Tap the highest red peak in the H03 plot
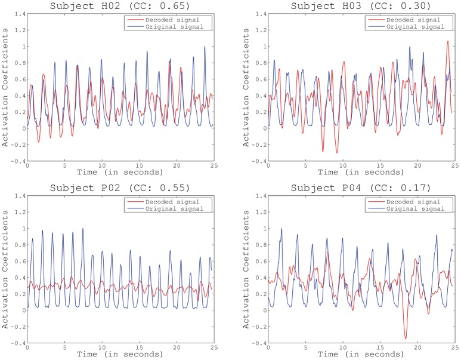447,41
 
